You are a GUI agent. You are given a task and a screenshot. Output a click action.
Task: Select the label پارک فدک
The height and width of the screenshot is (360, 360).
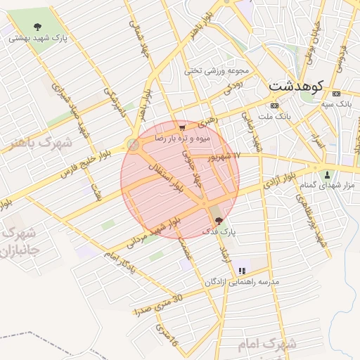click(x=221, y=231)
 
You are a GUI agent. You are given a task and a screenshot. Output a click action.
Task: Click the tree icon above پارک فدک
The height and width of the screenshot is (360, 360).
click(x=217, y=220)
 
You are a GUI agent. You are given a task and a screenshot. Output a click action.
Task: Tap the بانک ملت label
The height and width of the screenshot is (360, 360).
click(x=274, y=115)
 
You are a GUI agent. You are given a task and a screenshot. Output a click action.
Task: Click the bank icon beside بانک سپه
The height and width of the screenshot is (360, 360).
click(x=335, y=94)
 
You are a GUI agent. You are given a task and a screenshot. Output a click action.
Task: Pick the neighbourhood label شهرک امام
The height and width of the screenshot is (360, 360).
click(x=272, y=345)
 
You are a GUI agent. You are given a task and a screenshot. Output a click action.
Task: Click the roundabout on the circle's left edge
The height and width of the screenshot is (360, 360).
click(x=131, y=145)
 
